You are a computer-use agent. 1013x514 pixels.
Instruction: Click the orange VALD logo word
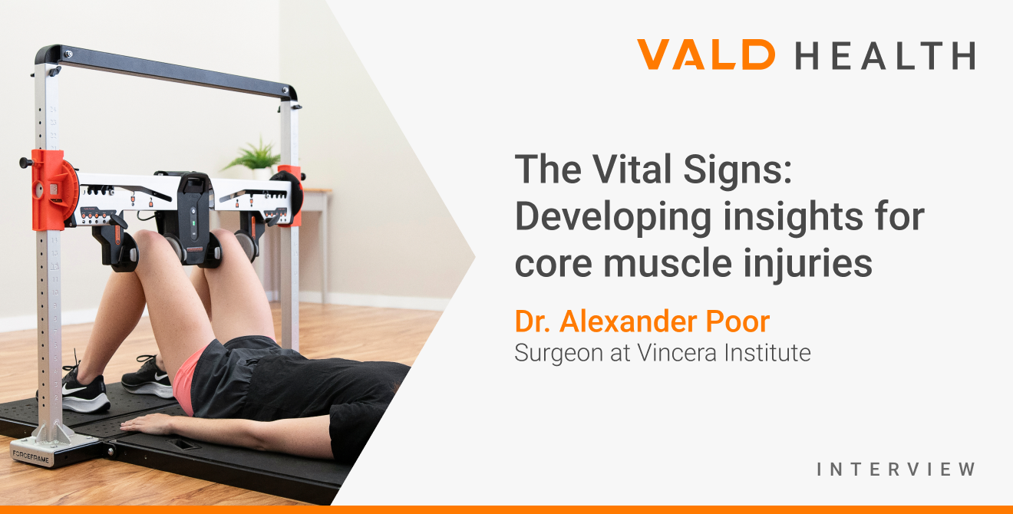pyautogui.click(x=705, y=55)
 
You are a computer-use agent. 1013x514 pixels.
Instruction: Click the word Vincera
pyautogui.click(x=680, y=353)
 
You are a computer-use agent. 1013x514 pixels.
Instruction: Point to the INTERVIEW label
pyautogui.click(x=896, y=469)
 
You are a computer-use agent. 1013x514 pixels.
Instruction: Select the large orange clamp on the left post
pyautogui.click(x=52, y=189)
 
